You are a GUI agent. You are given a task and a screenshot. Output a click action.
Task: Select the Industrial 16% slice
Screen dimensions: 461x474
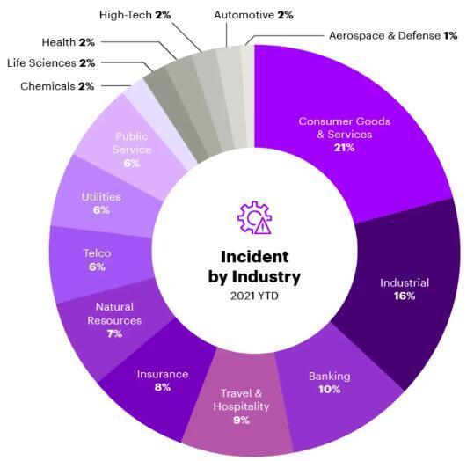click(x=405, y=290)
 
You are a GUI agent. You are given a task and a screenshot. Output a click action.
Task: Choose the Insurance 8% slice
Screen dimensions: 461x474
click(x=158, y=380)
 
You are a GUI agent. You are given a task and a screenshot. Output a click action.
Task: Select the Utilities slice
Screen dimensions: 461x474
click(x=100, y=203)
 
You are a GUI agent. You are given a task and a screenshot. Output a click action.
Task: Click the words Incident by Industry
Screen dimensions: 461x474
click(x=254, y=266)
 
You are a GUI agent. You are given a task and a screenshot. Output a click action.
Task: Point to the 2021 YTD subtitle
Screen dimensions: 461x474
click(x=254, y=296)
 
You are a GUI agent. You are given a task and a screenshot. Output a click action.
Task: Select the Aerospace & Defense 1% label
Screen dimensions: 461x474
click(x=386, y=35)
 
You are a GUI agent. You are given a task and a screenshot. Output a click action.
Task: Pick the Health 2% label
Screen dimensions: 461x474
click(x=69, y=41)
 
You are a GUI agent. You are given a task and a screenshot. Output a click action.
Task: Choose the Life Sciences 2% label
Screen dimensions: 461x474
click(x=51, y=63)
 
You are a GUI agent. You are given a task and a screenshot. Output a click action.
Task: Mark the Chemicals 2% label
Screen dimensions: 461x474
click(x=57, y=85)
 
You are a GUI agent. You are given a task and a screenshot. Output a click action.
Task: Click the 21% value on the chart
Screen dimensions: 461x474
click(x=344, y=148)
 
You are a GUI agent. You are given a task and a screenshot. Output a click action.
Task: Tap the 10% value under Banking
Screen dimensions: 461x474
click(x=329, y=389)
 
